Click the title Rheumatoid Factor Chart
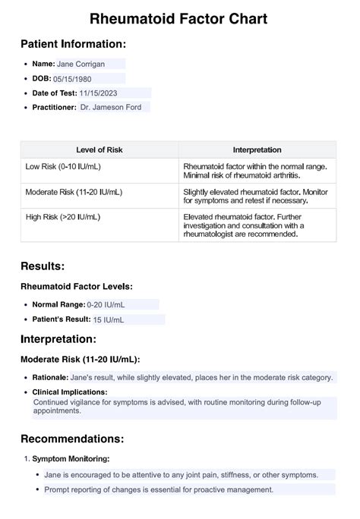pyautogui.click(x=178, y=18)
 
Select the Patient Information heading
pyautogui.click(x=73, y=44)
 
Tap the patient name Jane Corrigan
pyautogui.click(x=82, y=64)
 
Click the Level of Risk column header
pyautogui.click(x=99, y=150)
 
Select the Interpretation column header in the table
pyautogui.click(x=257, y=150)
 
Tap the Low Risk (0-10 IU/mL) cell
pyautogui.click(x=62, y=165)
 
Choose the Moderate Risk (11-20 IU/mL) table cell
pyautogui.click(x=73, y=193)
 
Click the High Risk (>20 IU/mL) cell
pyautogui.click(x=62, y=217)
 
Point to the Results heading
pyautogui.click(x=43, y=266)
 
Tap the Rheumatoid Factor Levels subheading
pyautogui.click(x=77, y=286)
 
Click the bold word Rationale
pyautogui.click(x=49, y=377)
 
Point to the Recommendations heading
pyautogui.click(x=72, y=439)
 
